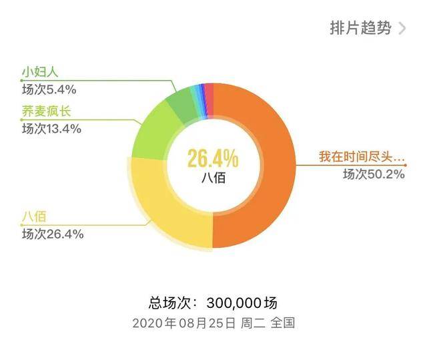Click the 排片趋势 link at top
pos(360,29)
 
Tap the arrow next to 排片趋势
pos(402,29)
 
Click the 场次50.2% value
pos(373,174)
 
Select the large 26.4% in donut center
pos(212,158)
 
